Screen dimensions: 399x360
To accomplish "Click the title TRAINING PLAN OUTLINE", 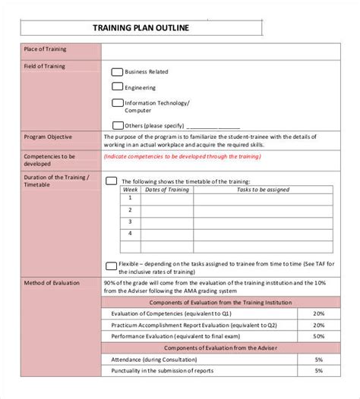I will [141, 29].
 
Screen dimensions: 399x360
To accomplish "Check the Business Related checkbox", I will [117, 72].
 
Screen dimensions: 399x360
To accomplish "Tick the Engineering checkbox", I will [117, 87].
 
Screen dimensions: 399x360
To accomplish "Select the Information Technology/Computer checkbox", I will [117, 102].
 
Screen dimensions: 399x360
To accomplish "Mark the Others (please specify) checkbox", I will [117, 125].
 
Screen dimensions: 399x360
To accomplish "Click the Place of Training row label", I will [45, 49].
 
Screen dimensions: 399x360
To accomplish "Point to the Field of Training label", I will [44, 66].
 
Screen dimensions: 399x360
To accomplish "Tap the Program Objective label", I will [48, 137].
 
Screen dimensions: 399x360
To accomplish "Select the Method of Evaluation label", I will [51, 283].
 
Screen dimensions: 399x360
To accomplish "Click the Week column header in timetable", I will [130, 190].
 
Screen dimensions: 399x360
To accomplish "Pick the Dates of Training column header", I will [166, 190].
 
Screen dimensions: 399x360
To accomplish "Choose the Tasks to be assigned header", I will [263, 190].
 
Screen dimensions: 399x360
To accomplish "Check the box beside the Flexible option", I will [111, 265].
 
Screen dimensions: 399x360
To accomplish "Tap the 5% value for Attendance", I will [318, 359].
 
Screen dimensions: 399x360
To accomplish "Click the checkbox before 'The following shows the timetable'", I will [111, 181].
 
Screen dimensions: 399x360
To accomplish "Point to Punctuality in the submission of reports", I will [162, 370].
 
